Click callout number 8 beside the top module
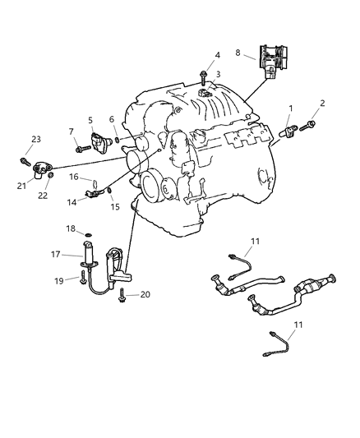[238, 52]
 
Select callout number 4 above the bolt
[217, 56]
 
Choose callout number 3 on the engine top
[217, 75]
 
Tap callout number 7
[72, 131]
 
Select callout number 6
[112, 119]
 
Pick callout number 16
[74, 177]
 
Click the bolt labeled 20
[122, 293]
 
